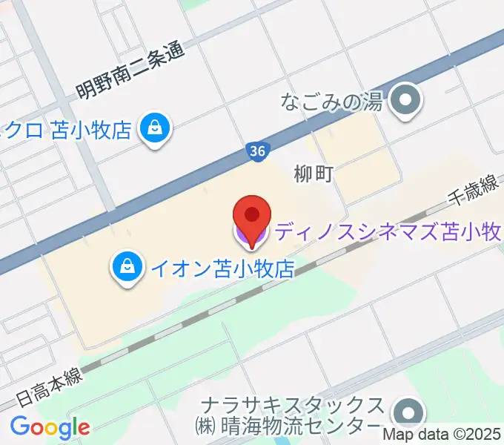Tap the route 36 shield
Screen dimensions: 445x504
coord(256,151)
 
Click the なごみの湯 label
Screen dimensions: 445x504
coord(331,102)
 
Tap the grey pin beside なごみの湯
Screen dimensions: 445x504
coord(405,102)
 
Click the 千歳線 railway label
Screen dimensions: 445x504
coord(471,195)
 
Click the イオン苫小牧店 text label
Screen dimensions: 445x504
coord(222,267)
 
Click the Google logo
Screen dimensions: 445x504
coord(50,427)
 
